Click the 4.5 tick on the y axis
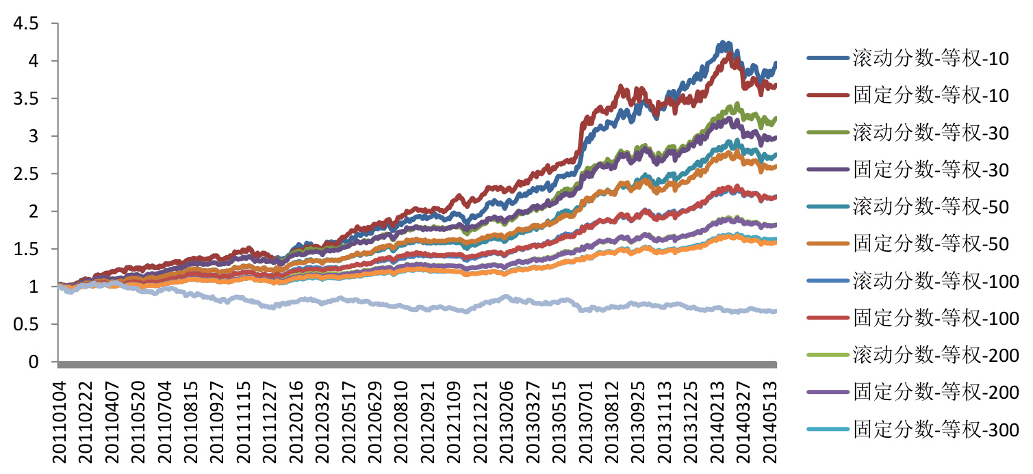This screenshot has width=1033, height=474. tap(25, 24)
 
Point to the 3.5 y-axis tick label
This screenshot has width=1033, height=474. tap(25, 99)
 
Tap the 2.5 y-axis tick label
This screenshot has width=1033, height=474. tap(25, 174)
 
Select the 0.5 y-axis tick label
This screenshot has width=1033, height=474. tap(25, 324)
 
